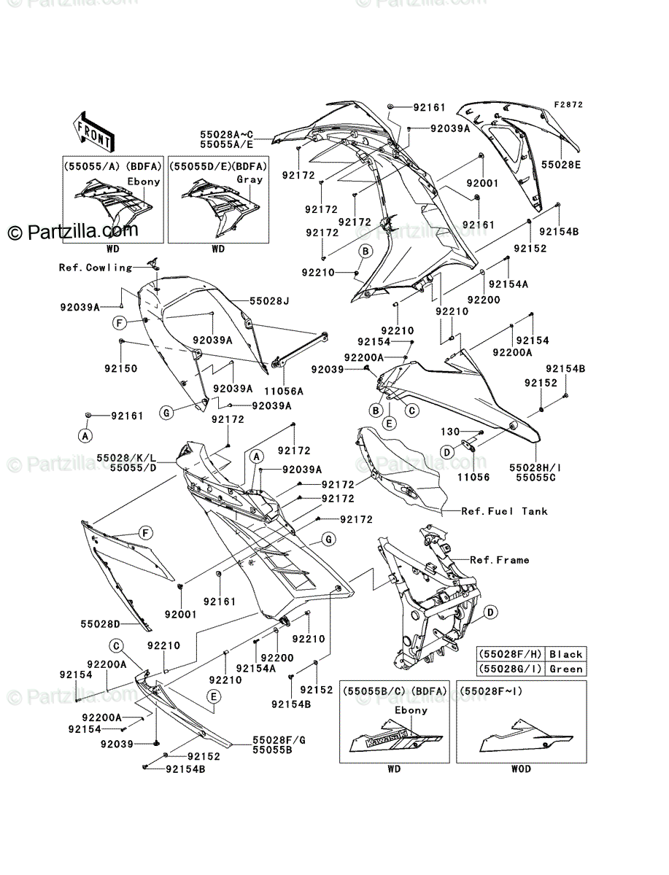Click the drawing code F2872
pos(568,105)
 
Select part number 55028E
pos(561,165)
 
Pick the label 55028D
pos(100,623)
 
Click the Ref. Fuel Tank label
pos(504,511)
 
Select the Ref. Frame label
pos(500,560)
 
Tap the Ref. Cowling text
pos(96,268)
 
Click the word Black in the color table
pos(566,655)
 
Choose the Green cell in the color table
pos(566,669)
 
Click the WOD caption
pos(521,769)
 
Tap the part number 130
pos(451,433)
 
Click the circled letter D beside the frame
pos(491,611)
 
